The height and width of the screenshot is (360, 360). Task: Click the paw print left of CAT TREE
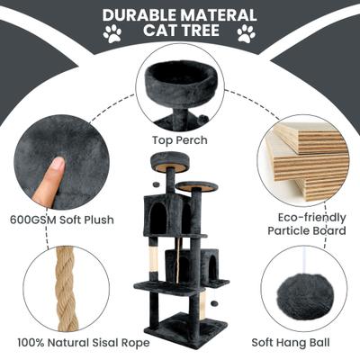[112, 33]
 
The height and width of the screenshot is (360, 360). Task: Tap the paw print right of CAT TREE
[247, 33]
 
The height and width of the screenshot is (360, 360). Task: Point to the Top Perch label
[180, 140]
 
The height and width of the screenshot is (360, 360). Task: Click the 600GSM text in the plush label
[33, 220]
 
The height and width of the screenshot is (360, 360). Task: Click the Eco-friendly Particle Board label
[307, 224]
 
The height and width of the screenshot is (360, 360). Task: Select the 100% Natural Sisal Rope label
[84, 343]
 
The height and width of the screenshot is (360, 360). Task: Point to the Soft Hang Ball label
[291, 343]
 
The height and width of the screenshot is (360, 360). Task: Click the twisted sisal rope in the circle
[66, 289]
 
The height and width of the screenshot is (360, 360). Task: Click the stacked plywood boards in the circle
[309, 159]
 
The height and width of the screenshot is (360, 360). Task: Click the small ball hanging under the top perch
[156, 184]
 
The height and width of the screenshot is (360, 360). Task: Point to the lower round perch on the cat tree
[196, 186]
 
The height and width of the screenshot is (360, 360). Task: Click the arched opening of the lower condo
[212, 265]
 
